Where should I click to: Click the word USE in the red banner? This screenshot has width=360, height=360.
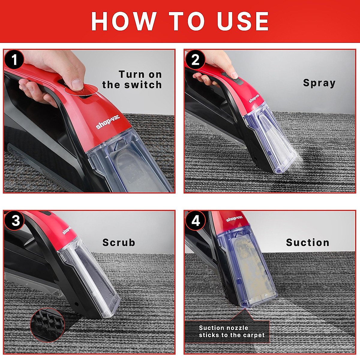243,21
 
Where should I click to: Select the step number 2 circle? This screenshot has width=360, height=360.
195,60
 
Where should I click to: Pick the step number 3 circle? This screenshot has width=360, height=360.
15,220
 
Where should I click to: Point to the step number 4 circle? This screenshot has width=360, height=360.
195,220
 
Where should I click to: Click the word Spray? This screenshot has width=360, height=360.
319,83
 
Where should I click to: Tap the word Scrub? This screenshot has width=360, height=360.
118,242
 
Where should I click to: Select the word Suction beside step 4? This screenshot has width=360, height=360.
307,242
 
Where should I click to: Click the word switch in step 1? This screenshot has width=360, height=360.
143,85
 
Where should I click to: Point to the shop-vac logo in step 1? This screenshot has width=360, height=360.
108,122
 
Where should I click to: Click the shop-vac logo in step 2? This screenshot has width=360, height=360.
254,98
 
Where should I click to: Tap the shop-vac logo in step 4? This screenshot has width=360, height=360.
234,219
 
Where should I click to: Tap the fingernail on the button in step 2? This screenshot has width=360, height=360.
235,75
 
